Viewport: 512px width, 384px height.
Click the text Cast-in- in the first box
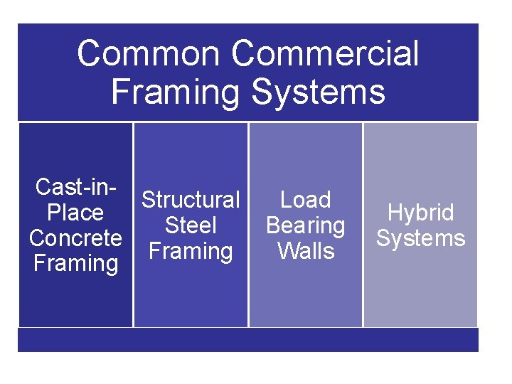tap(75, 186)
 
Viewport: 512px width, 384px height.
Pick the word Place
tap(75, 212)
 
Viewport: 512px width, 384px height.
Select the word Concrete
tap(75, 238)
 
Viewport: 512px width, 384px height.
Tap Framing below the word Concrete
tap(75, 263)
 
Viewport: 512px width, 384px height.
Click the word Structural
tap(191, 200)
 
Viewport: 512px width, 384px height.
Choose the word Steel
tap(191, 225)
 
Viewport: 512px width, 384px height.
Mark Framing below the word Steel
tap(191, 251)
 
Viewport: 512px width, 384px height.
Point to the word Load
tap(306, 200)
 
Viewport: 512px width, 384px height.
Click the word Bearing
tap(306, 225)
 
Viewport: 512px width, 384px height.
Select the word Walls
tap(306, 251)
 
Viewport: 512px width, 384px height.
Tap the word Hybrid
tap(421, 212)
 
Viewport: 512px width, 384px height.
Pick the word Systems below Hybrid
tap(421, 238)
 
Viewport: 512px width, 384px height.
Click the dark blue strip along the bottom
tap(248, 340)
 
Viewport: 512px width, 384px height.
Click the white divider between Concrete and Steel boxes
tap(133, 225)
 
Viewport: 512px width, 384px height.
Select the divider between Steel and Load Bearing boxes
tap(248, 225)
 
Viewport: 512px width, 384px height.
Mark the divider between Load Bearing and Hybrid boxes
tap(363, 225)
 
